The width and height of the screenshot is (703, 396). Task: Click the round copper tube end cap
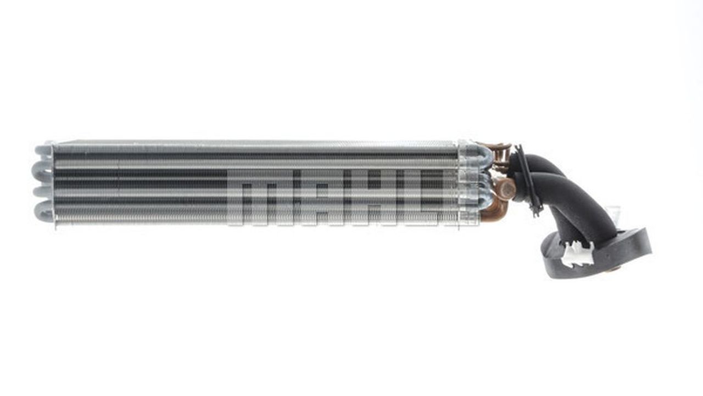click(x=506, y=189)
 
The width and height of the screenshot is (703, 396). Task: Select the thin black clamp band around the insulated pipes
click(x=528, y=181)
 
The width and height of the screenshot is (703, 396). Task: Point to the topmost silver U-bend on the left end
click(x=43, y=150)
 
